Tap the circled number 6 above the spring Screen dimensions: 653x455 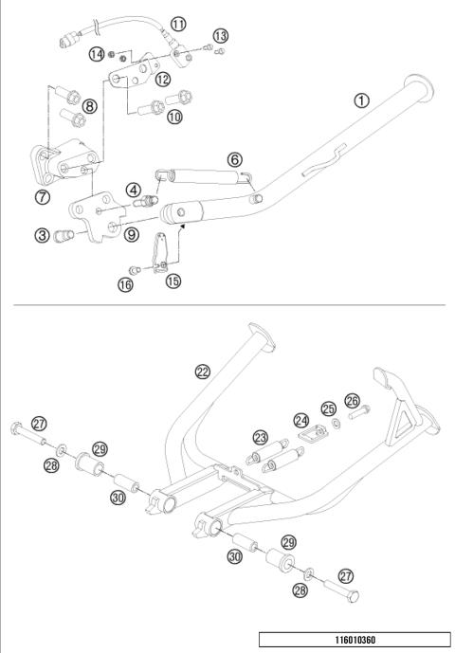(x=235, y=160)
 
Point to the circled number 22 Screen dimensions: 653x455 (x=202, y=372)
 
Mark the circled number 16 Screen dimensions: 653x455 (x=125, y=284)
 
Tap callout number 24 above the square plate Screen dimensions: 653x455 (x=301, y=419)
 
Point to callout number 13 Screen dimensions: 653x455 (x=220, y=35)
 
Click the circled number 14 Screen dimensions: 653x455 (x=97, y=55)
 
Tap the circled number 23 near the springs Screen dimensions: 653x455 (x=261, y=437)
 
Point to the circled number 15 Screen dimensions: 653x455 (x=173, y=281)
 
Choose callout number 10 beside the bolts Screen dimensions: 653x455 (x=173, y=117)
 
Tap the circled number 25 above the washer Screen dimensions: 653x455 (x=328, y=409)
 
